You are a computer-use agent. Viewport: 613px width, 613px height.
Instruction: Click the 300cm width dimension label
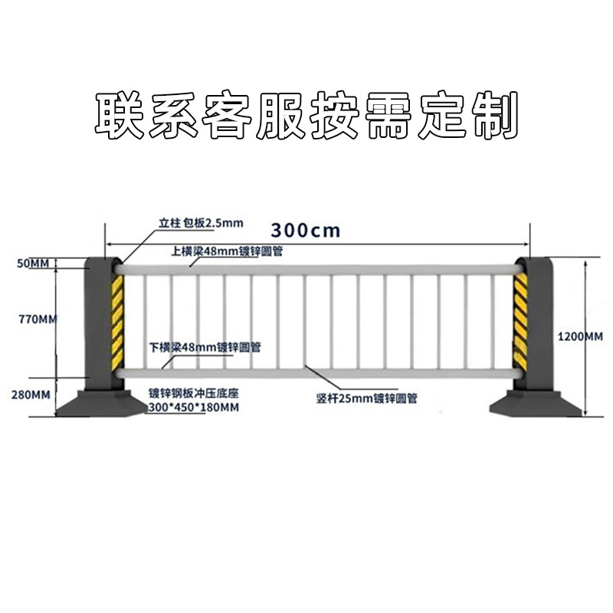(x=305, y=229)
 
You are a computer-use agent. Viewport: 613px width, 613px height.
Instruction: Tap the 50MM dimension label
(x=32, y=263)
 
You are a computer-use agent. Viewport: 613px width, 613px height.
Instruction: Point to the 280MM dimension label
(x=32, y=395)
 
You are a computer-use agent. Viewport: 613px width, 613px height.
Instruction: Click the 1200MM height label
(x=579, y=336)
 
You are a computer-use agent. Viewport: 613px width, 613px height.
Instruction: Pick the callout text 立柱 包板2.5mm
(x=200, y=223)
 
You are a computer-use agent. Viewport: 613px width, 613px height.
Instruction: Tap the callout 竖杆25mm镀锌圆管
(x=366, y=398)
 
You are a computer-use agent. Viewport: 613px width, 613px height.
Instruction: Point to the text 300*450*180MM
(x=194, y=407)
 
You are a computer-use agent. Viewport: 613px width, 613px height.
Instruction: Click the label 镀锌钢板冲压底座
(x=194, y=392)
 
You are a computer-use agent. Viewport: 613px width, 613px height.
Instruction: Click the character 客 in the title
(x=226, y=116)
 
